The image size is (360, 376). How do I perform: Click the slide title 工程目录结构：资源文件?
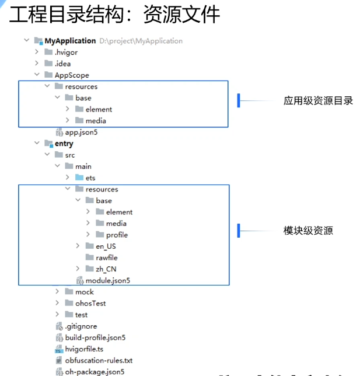(x=114, y=14)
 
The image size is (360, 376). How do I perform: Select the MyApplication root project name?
(x=74, y=41)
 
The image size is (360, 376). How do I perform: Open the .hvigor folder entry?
(x=66, y=53)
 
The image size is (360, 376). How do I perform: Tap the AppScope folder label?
(x=72, y=75)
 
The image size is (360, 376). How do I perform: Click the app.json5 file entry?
(x=81, y=133)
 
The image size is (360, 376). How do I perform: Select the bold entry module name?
(x=64, y=144)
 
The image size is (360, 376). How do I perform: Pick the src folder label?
(x=70, y=155)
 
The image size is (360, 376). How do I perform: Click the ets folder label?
(x=90, y=178)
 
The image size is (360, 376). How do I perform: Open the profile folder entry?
(x=117, y=235)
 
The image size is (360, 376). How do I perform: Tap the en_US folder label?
(x=106, y=246)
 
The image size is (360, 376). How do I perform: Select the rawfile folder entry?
(x=107, y=257)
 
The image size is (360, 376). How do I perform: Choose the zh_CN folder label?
(x=106, y=269)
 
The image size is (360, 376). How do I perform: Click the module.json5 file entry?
(x=108, y=281)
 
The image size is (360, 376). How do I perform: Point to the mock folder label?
(x=84, y=292)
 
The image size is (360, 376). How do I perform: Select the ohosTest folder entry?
(x=90, y=304)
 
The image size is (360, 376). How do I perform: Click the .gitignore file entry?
(x=81, y=326)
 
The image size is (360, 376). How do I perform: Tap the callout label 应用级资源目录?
(x=318, y=101)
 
